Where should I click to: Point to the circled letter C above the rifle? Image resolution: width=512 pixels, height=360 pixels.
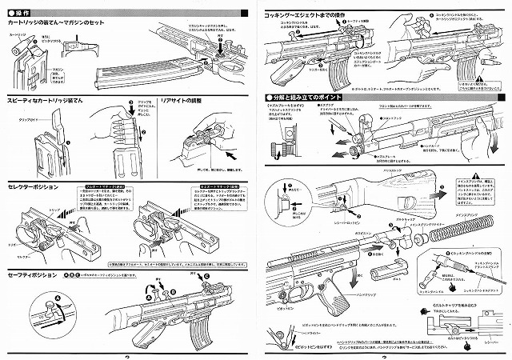[206, 277]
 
